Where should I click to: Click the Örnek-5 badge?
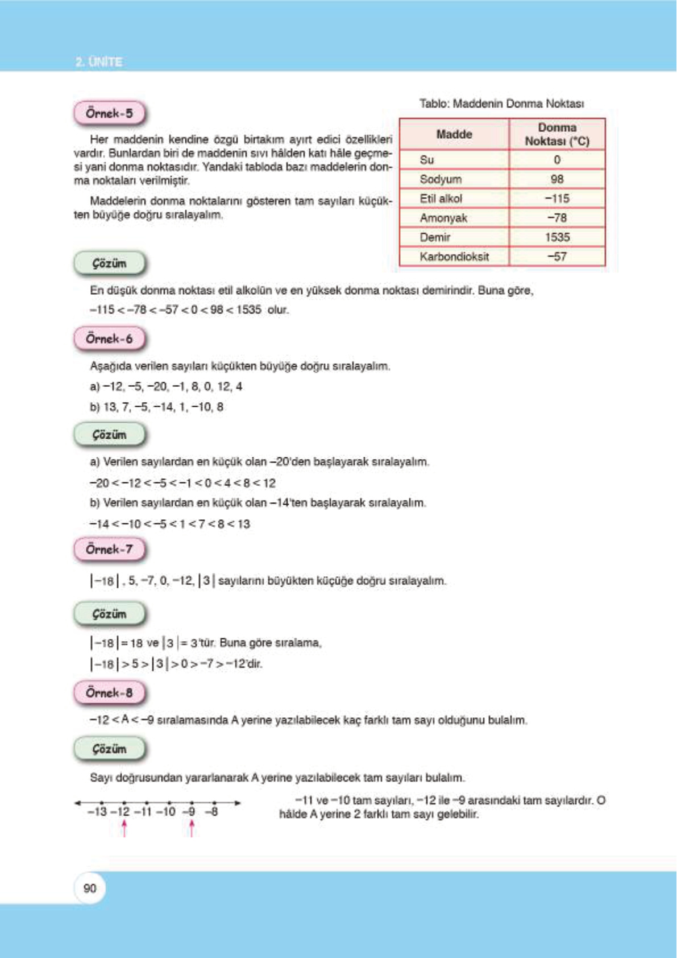tap(109, 113)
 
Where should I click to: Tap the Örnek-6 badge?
tap(109, 338)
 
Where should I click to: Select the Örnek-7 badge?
tap(109, 549)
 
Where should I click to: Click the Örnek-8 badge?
tap(109, 692)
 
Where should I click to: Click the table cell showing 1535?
tap(557, 237)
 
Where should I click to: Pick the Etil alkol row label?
tap(441, 199)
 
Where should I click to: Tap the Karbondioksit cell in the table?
tap(454, 257)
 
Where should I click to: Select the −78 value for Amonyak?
tap(557, 218)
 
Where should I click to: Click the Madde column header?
tap(454, 134)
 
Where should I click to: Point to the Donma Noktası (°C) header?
tap(557, 134)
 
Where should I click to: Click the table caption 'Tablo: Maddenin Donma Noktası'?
tap(501, 104)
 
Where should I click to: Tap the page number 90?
tap(90, 888)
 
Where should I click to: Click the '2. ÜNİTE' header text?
tap(99, 61)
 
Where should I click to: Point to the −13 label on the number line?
tap(97, 812)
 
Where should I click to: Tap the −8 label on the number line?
tap(211, 812)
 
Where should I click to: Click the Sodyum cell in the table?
tap(441, 179)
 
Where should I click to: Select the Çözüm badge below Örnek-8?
tap(109, 749)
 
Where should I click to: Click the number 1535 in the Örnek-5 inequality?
tap(248, 310)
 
